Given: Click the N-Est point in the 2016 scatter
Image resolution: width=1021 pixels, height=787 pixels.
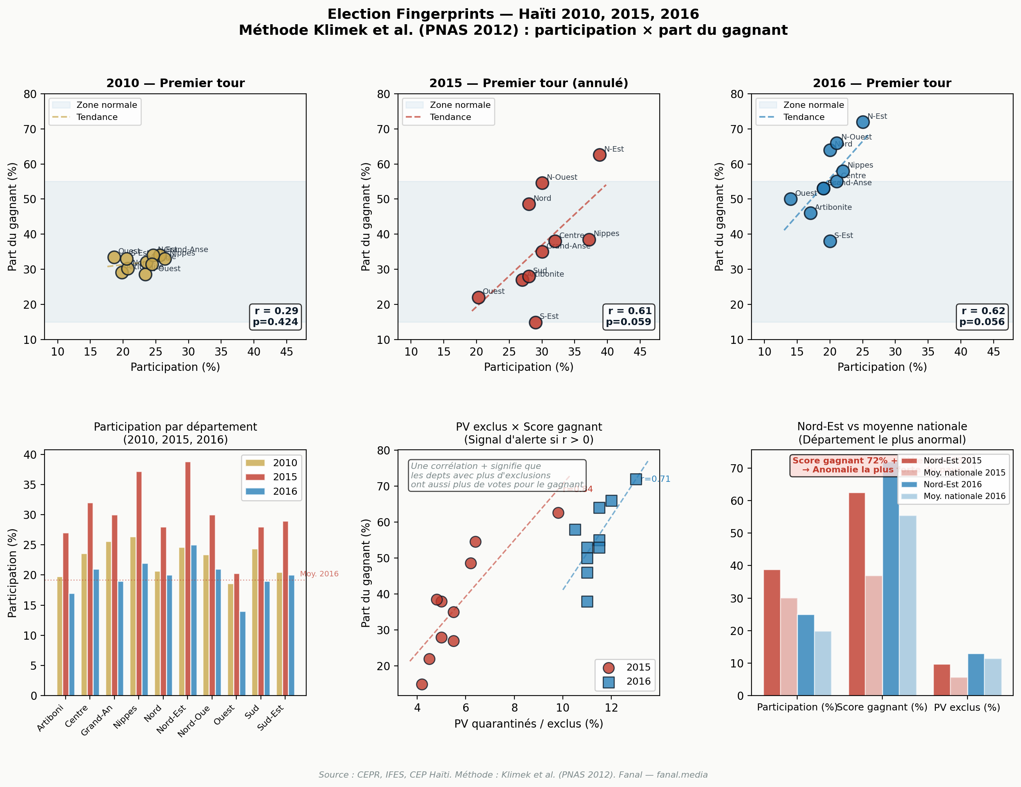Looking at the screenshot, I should point(862,122).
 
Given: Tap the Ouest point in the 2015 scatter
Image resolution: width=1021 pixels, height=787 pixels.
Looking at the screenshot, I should point(478,297).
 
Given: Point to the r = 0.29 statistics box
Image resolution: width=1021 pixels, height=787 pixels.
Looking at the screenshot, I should point(275,317).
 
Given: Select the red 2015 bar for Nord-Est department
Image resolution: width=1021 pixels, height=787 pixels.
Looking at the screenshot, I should point(188,578).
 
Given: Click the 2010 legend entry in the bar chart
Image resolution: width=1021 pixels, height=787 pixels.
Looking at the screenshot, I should point(271,463).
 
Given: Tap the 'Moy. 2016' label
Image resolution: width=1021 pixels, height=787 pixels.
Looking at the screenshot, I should point(319,574).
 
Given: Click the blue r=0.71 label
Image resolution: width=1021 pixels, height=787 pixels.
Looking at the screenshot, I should point(656,479).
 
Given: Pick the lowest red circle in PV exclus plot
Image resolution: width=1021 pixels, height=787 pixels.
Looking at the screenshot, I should point(422,684).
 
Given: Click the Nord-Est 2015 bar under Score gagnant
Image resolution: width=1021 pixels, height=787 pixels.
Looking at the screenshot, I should point(857,594).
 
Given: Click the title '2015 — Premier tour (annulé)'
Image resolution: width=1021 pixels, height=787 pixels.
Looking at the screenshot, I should point(529,83).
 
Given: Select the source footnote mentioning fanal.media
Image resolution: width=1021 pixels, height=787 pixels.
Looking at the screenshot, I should point(513,775).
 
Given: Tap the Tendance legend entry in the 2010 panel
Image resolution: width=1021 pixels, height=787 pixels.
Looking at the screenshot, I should point(97,117).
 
